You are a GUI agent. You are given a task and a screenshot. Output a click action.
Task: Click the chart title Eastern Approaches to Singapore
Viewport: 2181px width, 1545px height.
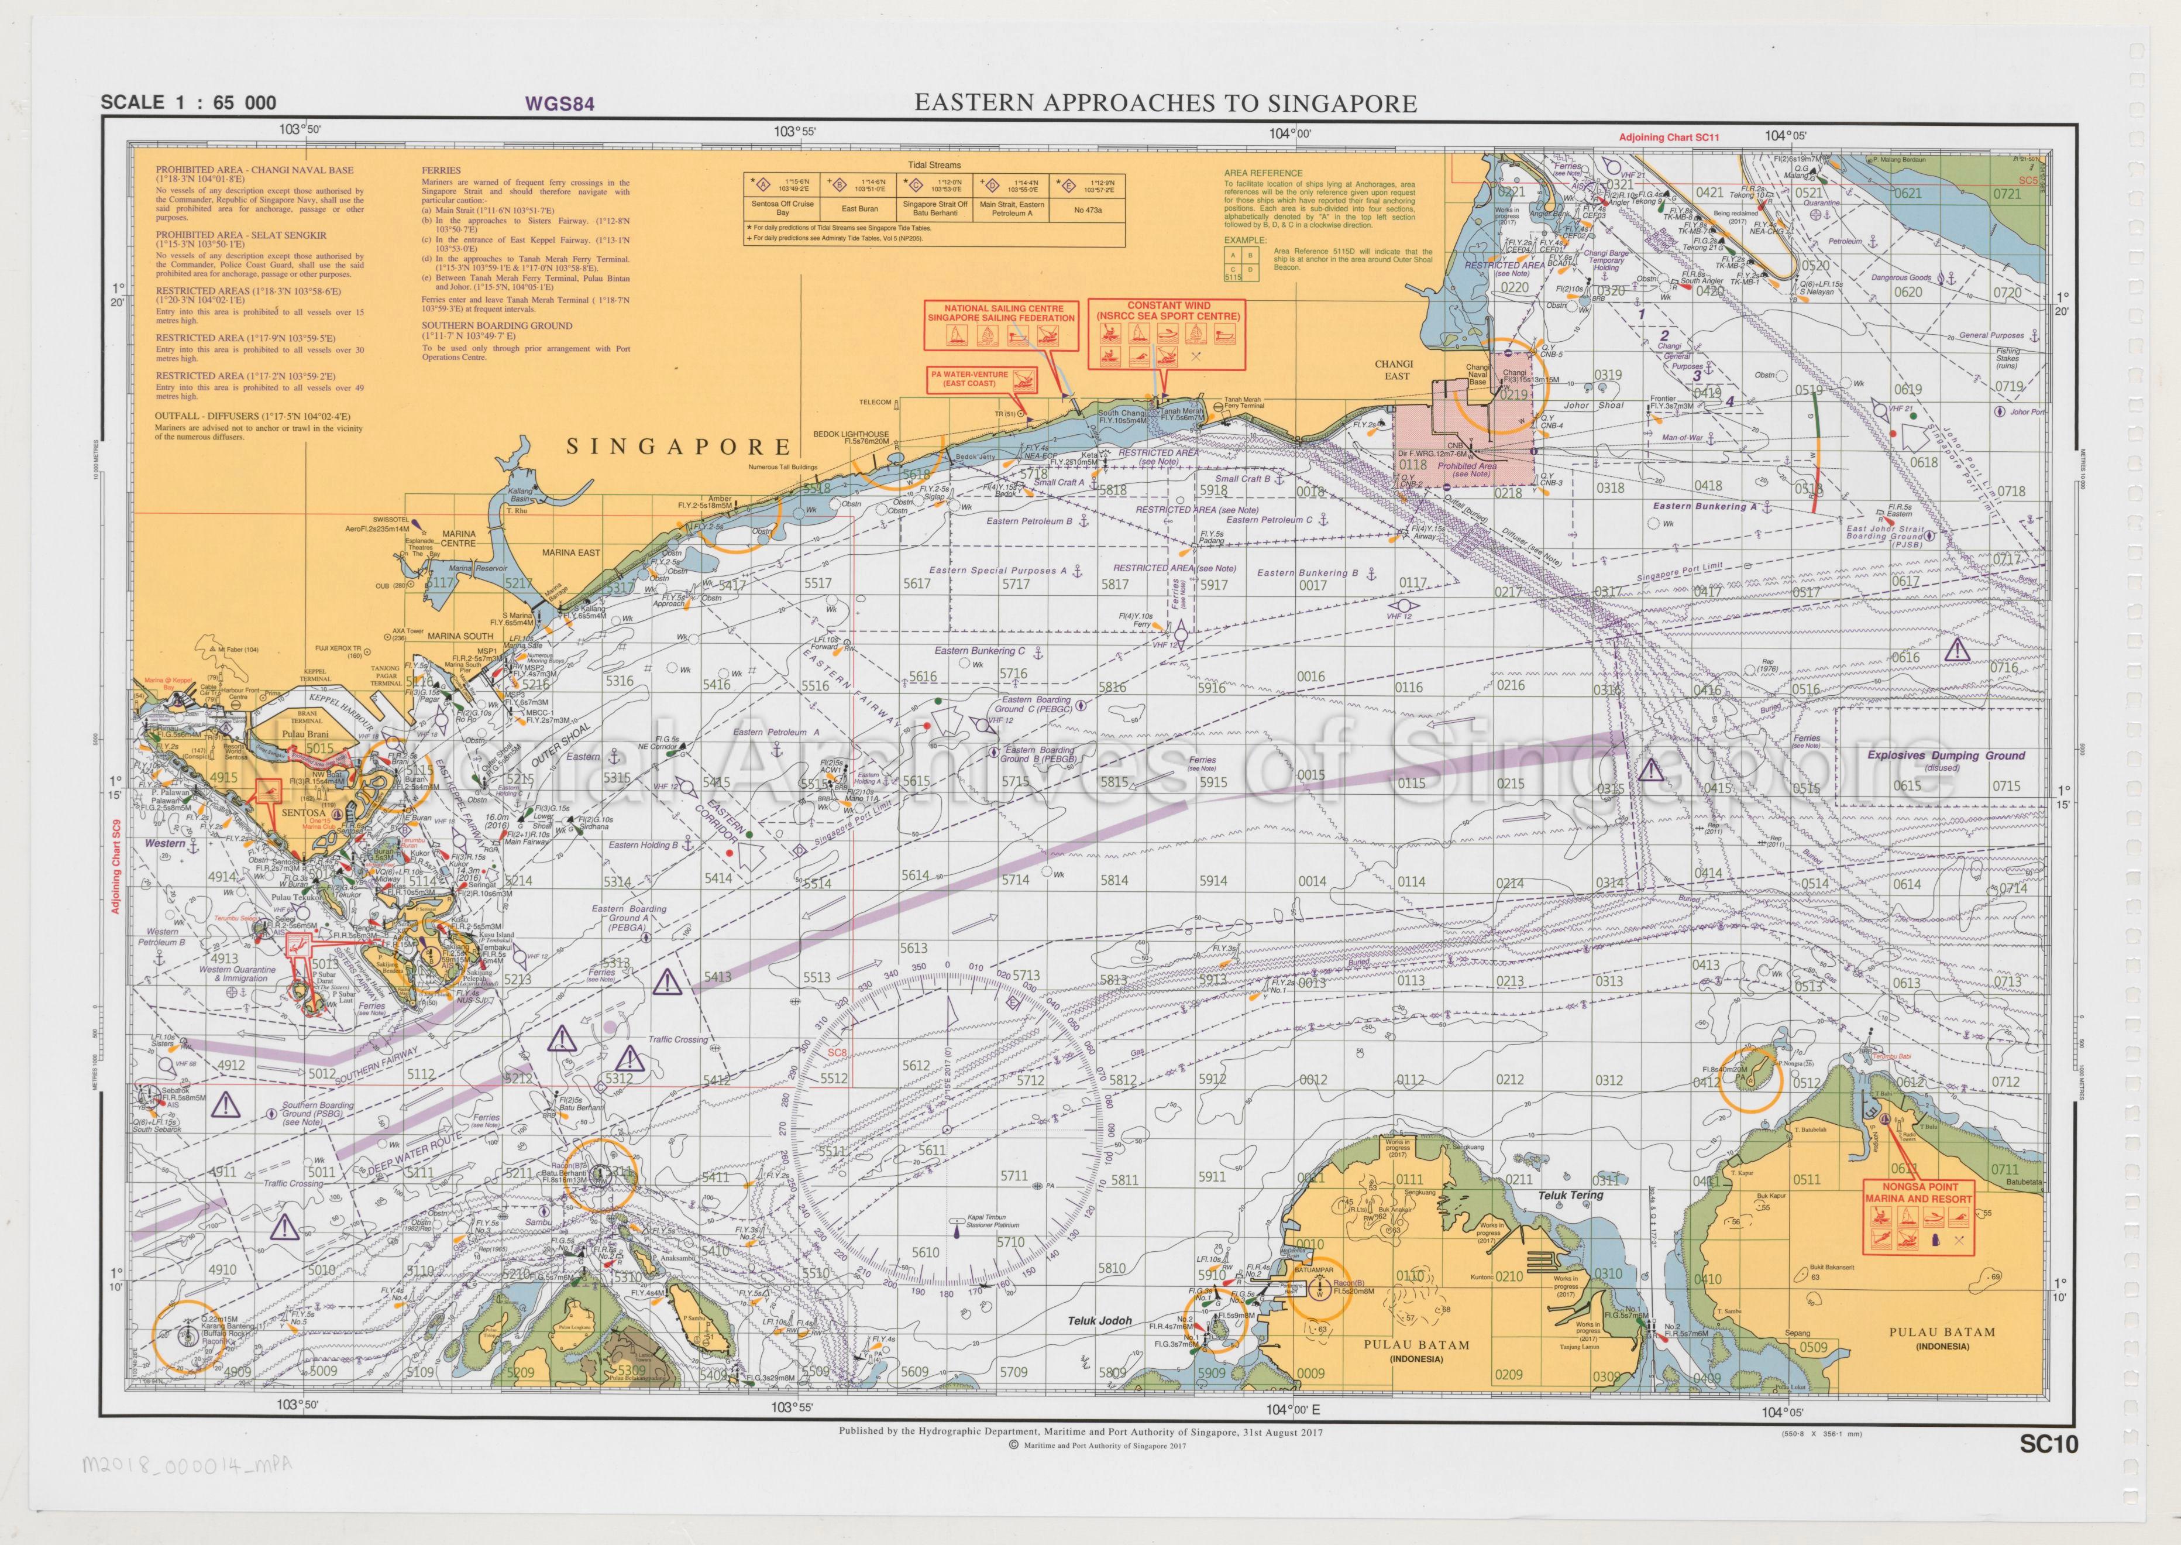pyautogui.click(x=1165, y=103)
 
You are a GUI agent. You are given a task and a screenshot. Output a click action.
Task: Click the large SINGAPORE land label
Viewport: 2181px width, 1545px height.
pyautogui.click(x=678, y=446)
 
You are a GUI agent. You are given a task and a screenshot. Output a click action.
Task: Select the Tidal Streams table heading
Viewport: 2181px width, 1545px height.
pyautogui.click(x=934, y=164)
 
